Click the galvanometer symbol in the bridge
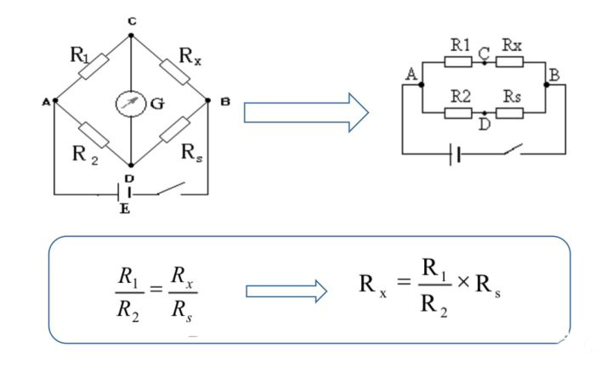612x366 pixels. point(130,103)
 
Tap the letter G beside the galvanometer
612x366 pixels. point(157,104)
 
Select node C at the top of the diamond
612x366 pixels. point(130,36)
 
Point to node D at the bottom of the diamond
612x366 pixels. point(130,165)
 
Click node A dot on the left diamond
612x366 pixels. point(54,100)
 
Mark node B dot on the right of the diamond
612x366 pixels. point(208,100)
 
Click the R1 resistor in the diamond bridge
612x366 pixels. point(93,67)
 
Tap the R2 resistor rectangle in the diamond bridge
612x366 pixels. point(93,133)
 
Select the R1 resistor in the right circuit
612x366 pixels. point(459,62)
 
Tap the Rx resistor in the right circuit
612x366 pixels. point(510,62)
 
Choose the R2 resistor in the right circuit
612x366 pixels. point(459,112)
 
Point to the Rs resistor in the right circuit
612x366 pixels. point(510,112)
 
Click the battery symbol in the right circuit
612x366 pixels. point(456,154)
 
